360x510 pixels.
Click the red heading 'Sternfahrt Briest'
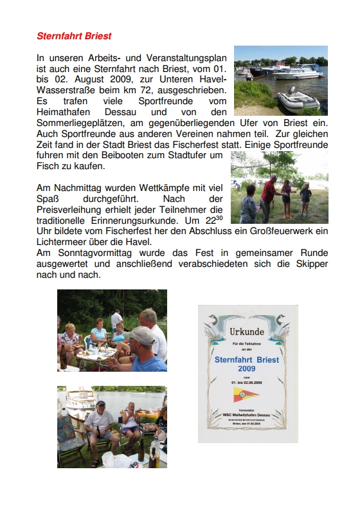[x=74, y=36]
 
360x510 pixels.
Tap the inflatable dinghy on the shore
[x=298, y=100]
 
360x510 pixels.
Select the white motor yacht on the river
[x=297, y=71]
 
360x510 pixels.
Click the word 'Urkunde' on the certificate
[x=247, y=332]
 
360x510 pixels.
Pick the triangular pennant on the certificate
[x=247, y=396]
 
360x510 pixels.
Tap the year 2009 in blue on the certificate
[x=247, y=369]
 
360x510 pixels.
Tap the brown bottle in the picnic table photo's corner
[x=62, y=360]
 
